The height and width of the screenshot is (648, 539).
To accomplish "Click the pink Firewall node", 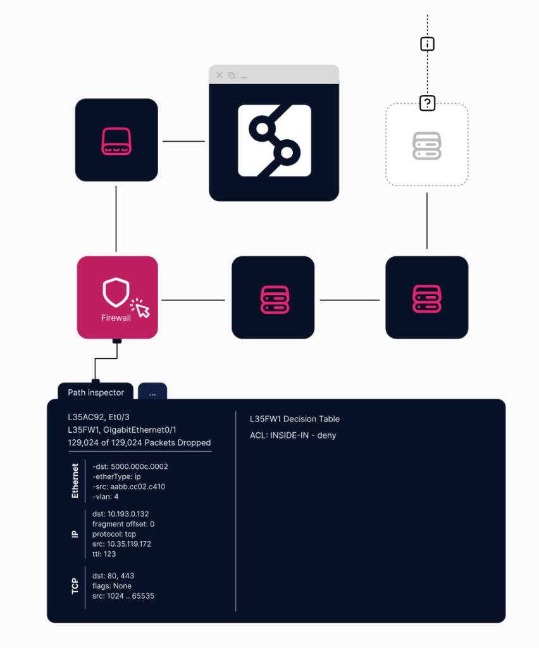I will (117, 297).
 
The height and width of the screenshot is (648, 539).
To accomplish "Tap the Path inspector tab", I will (96, 392).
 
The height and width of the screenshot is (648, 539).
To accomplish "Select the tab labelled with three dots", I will (152, 393).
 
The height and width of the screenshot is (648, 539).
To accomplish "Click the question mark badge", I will (428, 103).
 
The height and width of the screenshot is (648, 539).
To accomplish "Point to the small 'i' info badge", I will (428, 44).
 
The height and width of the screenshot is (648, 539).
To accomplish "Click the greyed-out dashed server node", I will (427, 145).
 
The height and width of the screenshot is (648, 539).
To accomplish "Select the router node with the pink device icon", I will (116, 140).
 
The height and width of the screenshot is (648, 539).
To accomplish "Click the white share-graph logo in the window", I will (275, 140).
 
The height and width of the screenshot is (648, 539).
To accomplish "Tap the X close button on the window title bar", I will (220, 75).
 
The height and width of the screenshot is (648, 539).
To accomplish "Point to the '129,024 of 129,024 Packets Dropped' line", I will (139, 443).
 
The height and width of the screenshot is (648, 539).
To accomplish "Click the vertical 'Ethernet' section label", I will (75, 481).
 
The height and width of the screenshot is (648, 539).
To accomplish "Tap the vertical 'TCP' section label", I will (75, 586).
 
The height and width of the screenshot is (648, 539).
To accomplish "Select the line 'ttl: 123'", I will (104, 554).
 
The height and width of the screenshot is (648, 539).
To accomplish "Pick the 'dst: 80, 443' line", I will (113, 576).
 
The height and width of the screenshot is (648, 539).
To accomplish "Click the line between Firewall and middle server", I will (194, 300).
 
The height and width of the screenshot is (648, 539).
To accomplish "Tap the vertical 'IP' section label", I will (75, 534).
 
